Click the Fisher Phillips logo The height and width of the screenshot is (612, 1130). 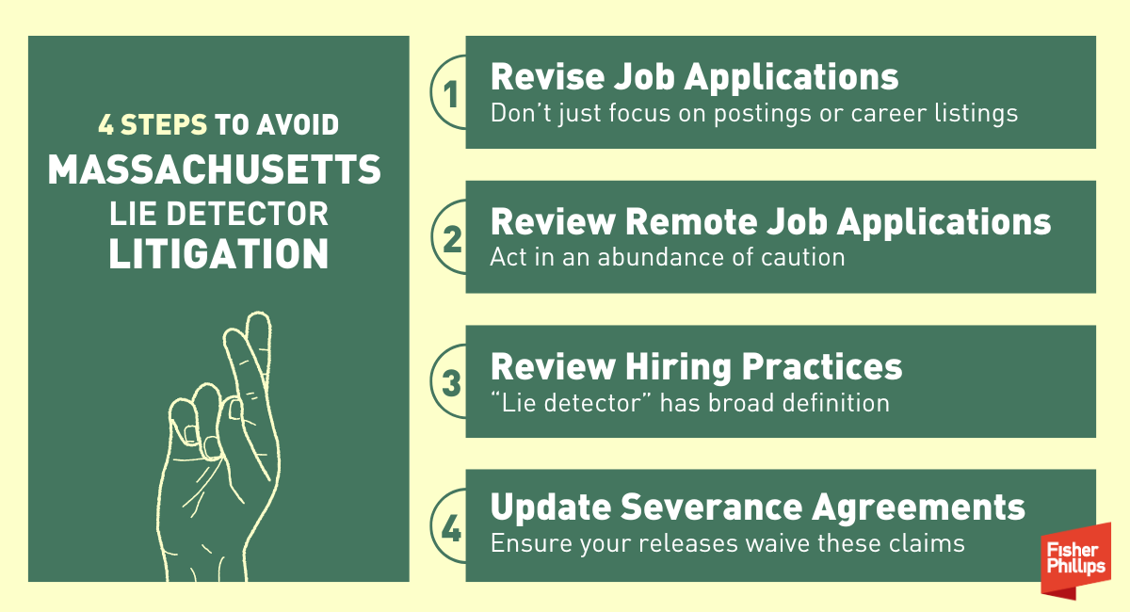tap(1075, 561)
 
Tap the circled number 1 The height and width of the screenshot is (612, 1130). tap(450, 93)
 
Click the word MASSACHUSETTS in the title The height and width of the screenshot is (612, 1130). tap(215, 169)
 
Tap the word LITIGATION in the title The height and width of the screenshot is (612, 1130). tap(218, 253)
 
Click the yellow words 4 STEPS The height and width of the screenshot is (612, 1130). tap(153, 124)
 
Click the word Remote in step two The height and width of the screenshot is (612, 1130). tap(690, 221)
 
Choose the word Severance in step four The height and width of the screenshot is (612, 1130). tap(711, 507)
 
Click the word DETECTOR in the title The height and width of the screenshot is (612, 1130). tap(247, 214)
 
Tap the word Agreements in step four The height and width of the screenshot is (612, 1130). tap(919, 508)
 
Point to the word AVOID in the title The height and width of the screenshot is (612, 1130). tap(298, 124)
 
